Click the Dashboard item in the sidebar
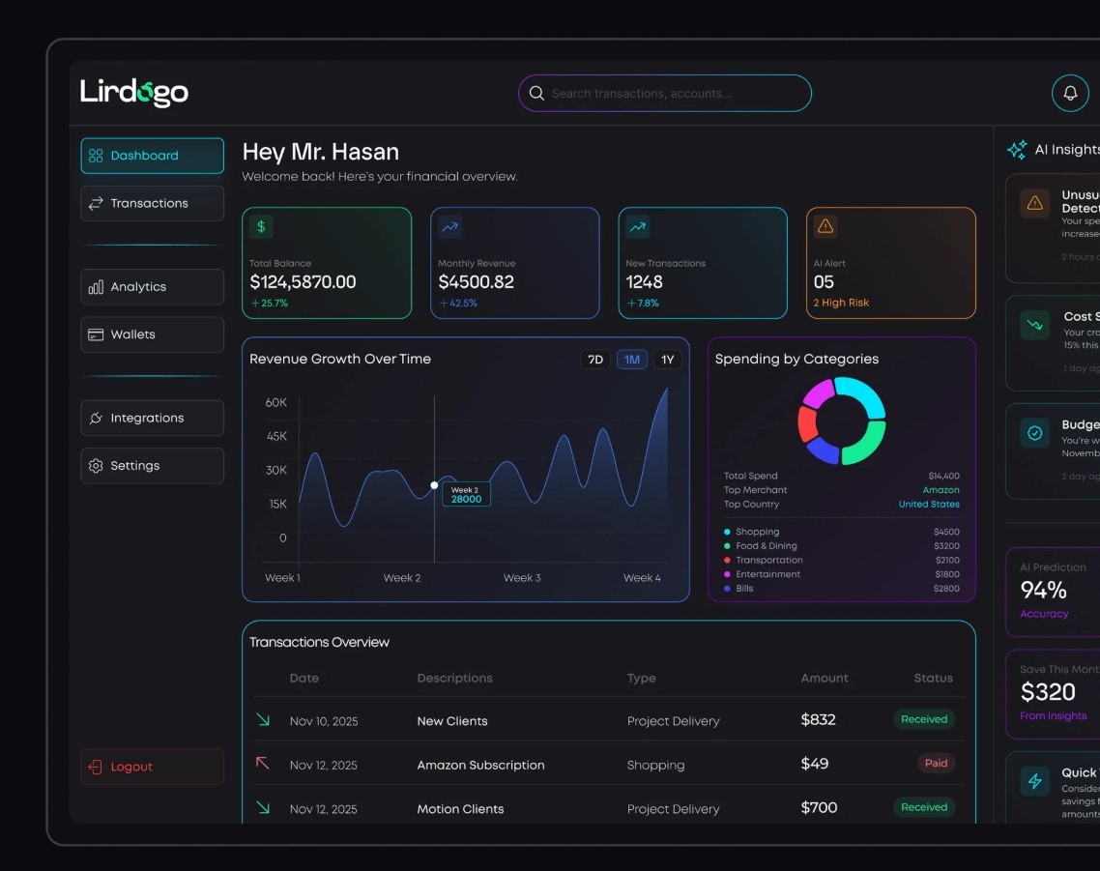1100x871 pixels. point(152,156)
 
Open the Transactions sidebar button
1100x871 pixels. point(152,203)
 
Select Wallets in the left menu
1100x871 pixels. point(152,334)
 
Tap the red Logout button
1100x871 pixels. point(152,767)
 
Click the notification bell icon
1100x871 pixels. point(1070,93)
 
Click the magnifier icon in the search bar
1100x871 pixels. point(536,94)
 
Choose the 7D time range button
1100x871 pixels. point(595,360)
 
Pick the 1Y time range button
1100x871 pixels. point(667,360)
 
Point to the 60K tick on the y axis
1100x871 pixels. point(276,402)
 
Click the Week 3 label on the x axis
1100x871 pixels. point(522,578)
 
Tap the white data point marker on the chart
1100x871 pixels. point(434,485)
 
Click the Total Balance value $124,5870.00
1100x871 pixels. point(303,282)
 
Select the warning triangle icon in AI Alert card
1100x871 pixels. point(825,226)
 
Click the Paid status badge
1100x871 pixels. point(936,764)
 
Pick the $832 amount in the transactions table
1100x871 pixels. point(818,720)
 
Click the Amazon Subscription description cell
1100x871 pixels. point(480,765)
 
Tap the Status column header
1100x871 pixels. point(933,679)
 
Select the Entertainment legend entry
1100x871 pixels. point(767,574)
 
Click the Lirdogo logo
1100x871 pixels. point(134,93)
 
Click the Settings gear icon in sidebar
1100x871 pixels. point(96,466)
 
